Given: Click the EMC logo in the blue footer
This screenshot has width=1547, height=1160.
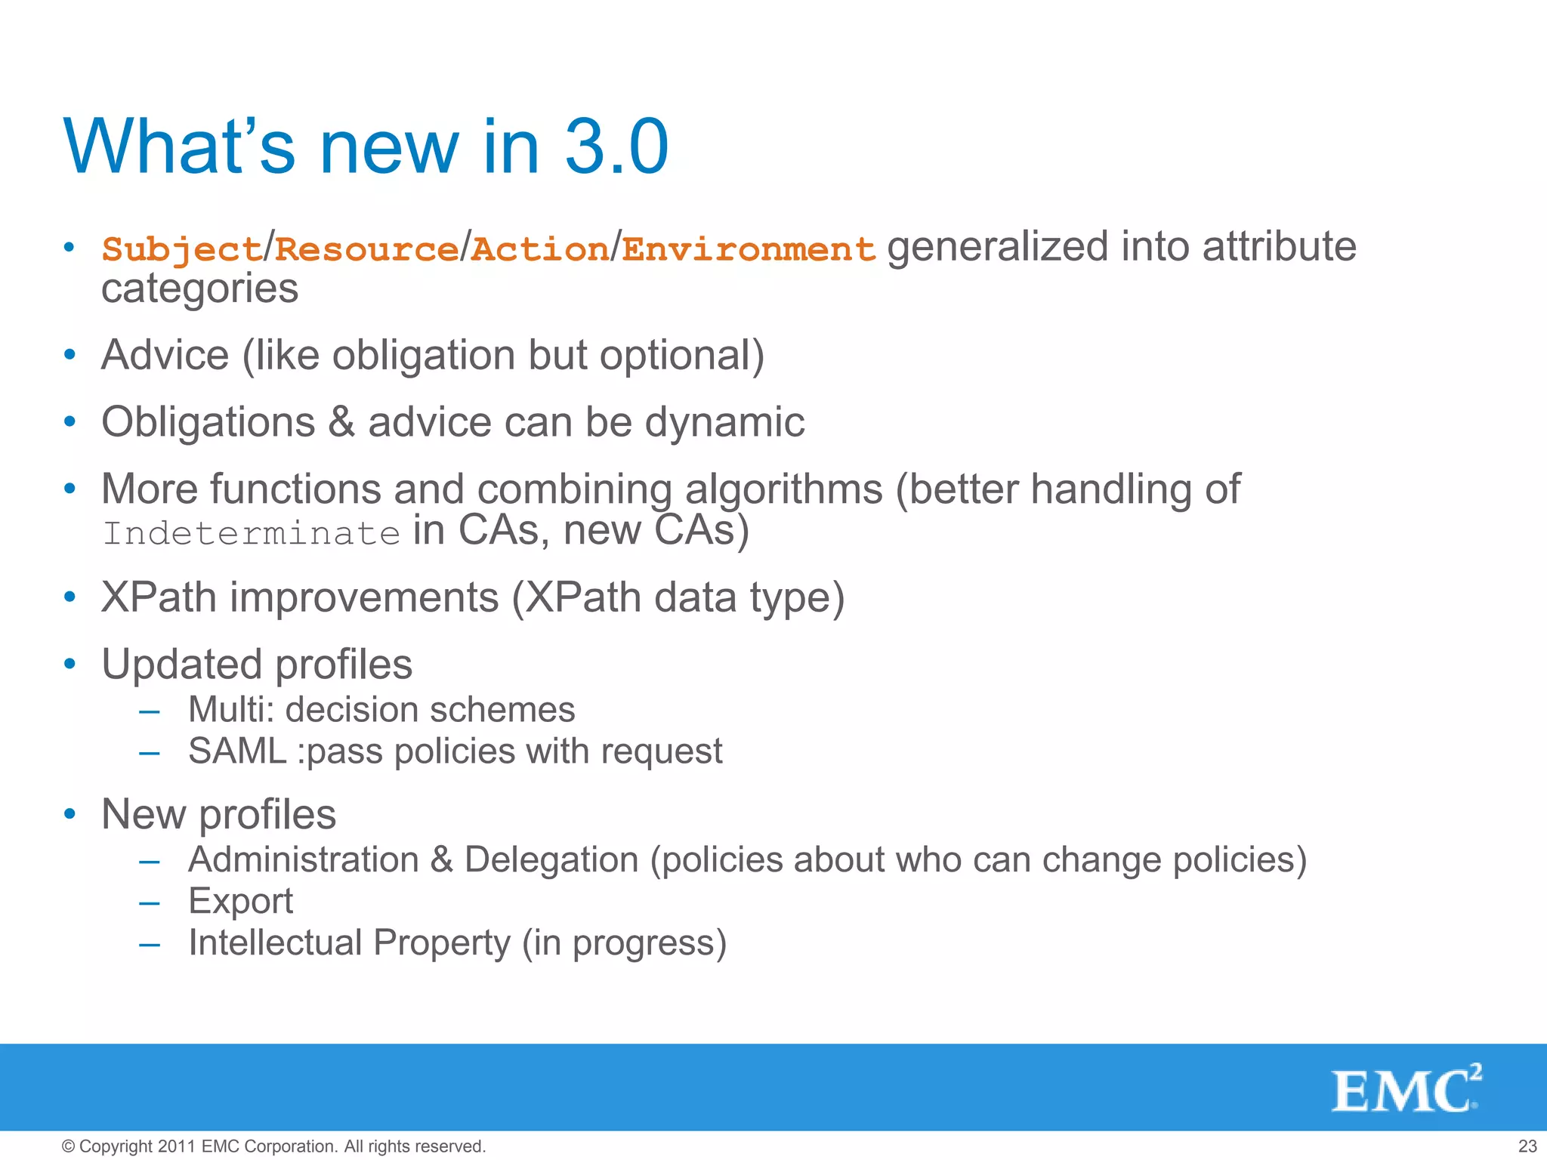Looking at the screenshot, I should click(x=1405, y=1089).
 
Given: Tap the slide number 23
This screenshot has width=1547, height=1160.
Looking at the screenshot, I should click(x=1527, y=1146).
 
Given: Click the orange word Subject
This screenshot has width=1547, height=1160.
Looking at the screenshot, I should click(x=181, y=249).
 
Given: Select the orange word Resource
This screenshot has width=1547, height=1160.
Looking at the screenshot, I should click(x=366, y=249).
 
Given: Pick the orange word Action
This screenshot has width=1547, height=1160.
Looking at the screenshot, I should click(x=540, y=249).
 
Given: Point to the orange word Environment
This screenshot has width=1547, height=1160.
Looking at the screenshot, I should click(x=749, y=249).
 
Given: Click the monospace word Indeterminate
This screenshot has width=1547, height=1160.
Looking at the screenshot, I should click(x=252, y=533).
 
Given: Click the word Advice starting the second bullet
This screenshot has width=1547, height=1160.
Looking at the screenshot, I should click(x=165, y=355).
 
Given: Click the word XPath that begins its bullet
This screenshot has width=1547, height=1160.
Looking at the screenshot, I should click(x=159, y=597).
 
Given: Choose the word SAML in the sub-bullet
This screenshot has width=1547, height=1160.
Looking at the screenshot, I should click(x=236, y=751).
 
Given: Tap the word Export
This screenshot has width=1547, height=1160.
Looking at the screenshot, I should click(x=240, y=901).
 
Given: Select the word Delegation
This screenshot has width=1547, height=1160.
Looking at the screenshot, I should click(x=551, y=859).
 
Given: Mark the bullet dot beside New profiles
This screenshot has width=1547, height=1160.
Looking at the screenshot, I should click(x=70, y=814).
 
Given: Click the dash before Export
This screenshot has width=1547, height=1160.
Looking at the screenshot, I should click(x=150, y=902).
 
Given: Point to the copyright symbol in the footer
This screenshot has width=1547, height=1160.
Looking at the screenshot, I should click(x=68, y=1146).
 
